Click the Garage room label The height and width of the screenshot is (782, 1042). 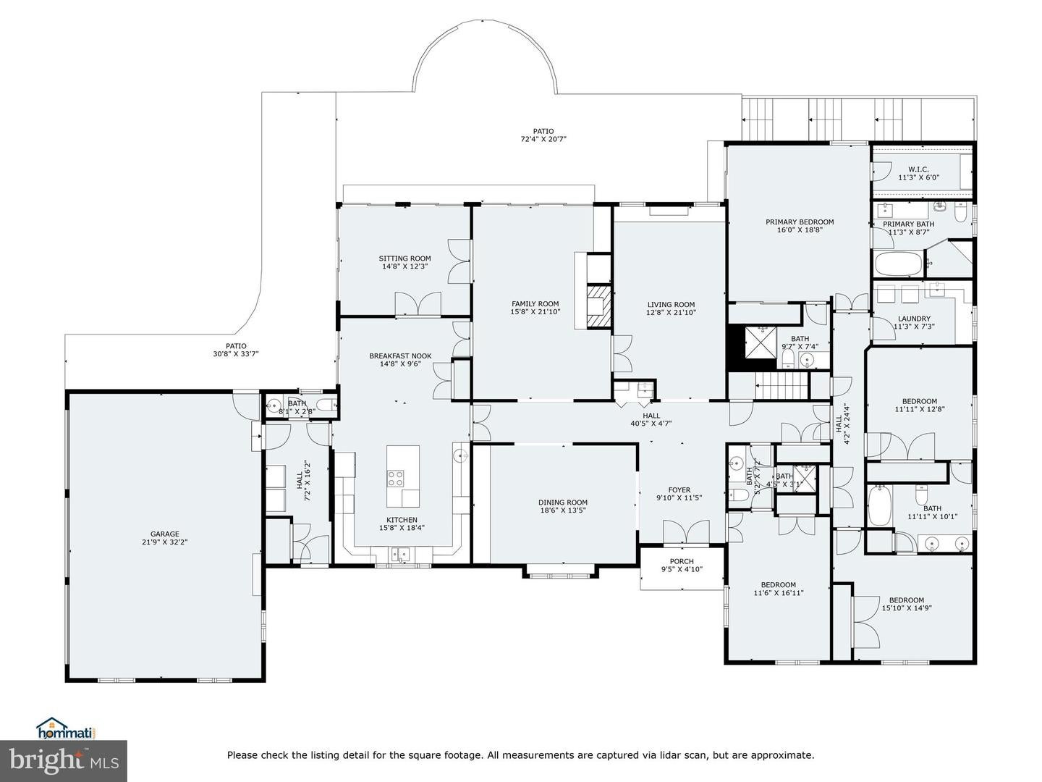pyautogui.click(x=165, y=534)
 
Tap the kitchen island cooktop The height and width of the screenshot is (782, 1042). pyautogui.click(x=396, y=478)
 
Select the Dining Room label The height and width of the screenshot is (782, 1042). pyautogui.click(x=562, y=502)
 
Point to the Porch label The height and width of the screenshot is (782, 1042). pyautogui.click(x=682, y=561)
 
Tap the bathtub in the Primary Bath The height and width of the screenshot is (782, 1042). pyautogui.click(x=898, y=264)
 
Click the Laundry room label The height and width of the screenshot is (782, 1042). pyautogui.click(x=914, y=319)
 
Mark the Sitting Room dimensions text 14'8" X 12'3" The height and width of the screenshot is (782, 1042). pyautogui.click(x=404, y=266)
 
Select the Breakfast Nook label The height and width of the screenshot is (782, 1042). pyautogui.click(x=400, y=356)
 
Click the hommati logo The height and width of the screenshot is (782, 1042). pyautogui.click(x=66, y=728)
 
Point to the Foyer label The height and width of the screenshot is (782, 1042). pyautogui.click(x=679, y=490)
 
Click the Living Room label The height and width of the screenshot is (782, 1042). pyautogui.click(x=670, y=305)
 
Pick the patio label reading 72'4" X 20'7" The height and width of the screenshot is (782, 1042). pyautogui.click(x=543, y=139)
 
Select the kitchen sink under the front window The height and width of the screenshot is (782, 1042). pyautogui.click(x=401, y=555)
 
